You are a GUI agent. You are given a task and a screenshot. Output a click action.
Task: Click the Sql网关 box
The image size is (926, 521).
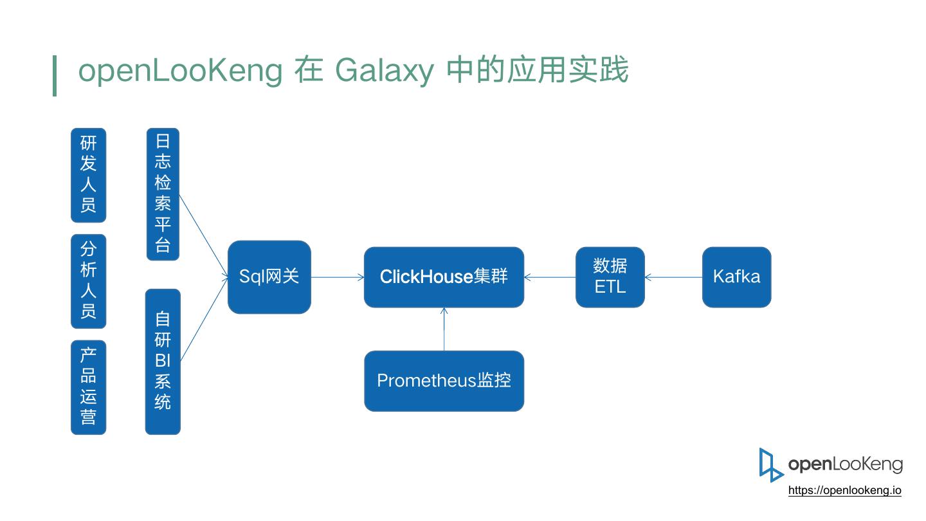(x=269, y=277)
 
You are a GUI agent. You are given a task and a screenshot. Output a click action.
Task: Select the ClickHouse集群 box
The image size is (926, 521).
(x=444, y=277)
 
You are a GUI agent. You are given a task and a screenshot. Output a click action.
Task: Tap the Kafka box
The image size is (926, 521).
(x=737, y=277)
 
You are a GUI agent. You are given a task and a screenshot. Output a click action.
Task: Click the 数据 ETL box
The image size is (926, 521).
(x=610, y=277)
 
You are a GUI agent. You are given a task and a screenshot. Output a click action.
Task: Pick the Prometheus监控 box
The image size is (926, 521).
(x=444, y=381)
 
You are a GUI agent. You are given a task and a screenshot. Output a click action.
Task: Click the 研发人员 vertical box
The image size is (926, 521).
(x=89, y=175)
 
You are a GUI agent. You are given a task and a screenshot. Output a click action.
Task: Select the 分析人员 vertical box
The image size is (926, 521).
(x=89, y=281)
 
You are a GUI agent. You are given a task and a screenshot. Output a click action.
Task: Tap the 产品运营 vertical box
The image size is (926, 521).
(x=89, y=387)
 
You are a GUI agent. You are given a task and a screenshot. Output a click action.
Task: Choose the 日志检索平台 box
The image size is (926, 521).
(x=163, y=194)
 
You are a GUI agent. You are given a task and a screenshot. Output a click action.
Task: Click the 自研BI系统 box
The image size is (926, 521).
(x=163, y=361)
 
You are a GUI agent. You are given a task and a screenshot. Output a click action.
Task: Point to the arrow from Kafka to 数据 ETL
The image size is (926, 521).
(x=673, y=277)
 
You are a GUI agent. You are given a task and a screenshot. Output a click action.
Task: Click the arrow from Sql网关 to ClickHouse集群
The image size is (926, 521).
(x=338, y=277)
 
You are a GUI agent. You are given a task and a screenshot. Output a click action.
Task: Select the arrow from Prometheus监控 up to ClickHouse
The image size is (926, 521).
(x=444, y=329)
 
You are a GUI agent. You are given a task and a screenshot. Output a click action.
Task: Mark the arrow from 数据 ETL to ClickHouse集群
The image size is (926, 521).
(x=550, y=277)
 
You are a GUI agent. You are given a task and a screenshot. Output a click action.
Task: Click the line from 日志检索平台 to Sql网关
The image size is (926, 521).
(x=203, y=235)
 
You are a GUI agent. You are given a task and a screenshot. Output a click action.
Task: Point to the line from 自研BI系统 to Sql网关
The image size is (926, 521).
(x=204, y=319)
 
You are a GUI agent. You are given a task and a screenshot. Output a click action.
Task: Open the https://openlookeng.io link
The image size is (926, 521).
(x=844, y=490)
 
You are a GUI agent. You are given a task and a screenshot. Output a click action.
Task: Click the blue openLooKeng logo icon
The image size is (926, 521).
(x=770, y=465)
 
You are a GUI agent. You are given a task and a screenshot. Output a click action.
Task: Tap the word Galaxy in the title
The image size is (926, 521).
(x=385, y=71)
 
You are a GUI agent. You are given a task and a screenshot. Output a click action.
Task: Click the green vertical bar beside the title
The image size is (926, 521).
(x=55, y=76)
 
